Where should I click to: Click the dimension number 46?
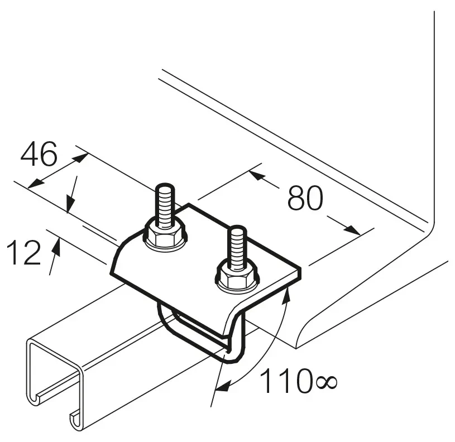[39, 154]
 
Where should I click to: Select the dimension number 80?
[305, 198]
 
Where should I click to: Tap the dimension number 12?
[23, 252]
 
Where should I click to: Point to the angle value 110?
[285, 380]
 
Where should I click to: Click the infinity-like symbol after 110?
[326, 382]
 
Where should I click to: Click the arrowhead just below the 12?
[57, 247]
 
